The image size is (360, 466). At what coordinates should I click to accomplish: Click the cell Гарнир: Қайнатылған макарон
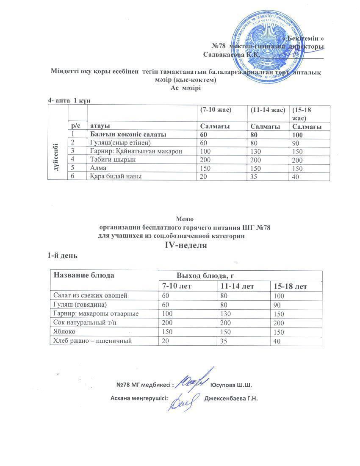click(x=135, y=151)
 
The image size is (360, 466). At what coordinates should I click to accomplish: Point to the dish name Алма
click(x=99, y=168)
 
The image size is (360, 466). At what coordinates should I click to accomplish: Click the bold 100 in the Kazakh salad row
click(x=299, y=134)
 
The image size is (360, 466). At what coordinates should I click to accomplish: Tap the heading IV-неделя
click(x=183, y=245)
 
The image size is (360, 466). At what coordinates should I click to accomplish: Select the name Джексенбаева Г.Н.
click(x=231, y=399)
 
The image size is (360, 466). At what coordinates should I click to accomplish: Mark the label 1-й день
click(x=62, y=256)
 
